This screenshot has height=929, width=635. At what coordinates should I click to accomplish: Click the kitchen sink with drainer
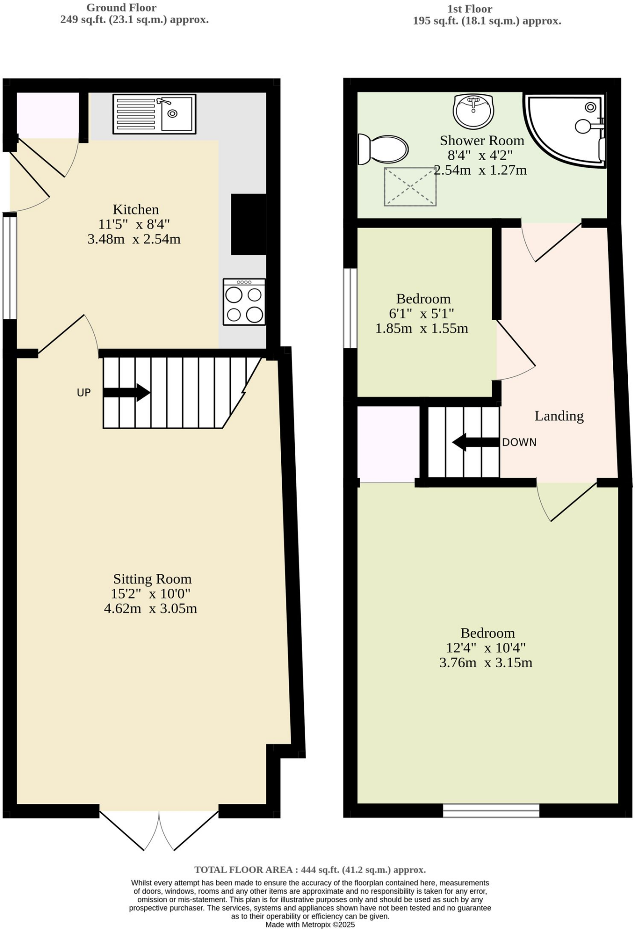pyautogui.click(x=154, y=114)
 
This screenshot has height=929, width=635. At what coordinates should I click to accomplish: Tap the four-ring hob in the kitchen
pyautogui.click(x=244, y=302)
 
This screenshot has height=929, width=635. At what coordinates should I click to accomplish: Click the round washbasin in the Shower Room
pyautogui.click(x=473, y=111)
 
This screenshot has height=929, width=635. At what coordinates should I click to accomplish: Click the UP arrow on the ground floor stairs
pyautogui.click(x=127, y=392)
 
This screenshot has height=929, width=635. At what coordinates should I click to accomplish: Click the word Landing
pyautogui.click(x=559, y=416)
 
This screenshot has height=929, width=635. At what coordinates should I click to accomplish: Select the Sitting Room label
pyautogui.click(x=152, y=579)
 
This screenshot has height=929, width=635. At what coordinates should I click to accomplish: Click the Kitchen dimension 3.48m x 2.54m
pyautogui.click(x=134, y=239)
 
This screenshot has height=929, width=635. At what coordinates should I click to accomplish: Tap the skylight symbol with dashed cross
pyautogui.click(x=410, y=186)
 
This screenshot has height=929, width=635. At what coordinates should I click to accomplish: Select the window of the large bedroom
pyautogui.click(x=491, y=811)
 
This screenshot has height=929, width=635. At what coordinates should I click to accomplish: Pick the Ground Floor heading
pyautogui.click(x=122, y=8)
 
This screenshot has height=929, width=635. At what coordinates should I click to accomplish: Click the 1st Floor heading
pyautogui.click(x=469, y=9)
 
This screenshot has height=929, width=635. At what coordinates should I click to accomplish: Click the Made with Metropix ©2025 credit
pyautogui.click(x=310, y=924)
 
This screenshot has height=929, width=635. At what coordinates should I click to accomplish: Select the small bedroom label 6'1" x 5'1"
pyautogui.click(x=421, y=313)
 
